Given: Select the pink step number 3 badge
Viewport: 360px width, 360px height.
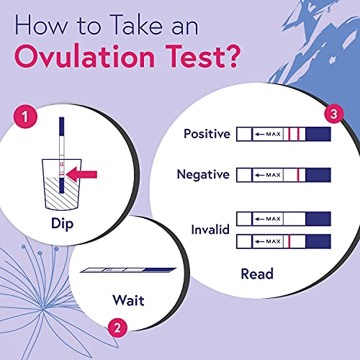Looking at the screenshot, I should tap(333, 114).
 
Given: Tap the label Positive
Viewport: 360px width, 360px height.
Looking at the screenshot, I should tap(206, 134).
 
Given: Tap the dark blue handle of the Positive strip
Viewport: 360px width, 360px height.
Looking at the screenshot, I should tap(318, 135).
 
